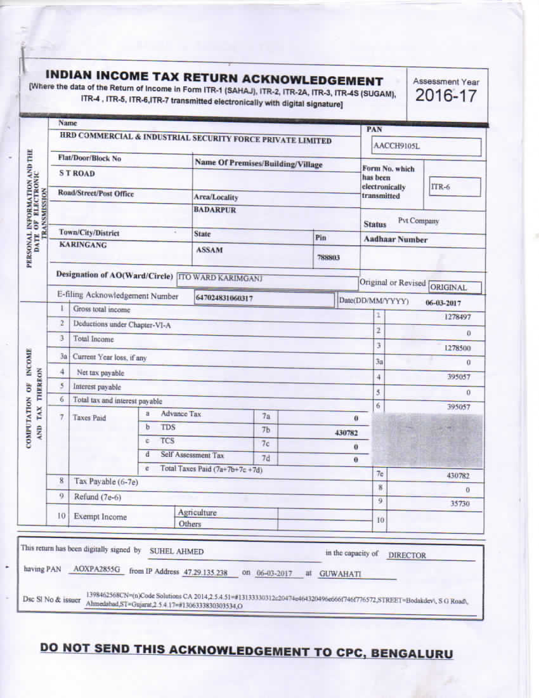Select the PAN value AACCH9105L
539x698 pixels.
pyautogui.click(x=397, y=147)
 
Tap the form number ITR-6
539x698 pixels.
pyautogui.click(x=440, y=187)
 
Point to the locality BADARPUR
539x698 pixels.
pyautogui.click(x=215, y=210)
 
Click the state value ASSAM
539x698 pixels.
pyautogui.click(x=209, y=250)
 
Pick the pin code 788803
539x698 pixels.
pyautogui.click(x=328, y=258)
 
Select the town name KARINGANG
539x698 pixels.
pyautogui.click(x=83, y=245)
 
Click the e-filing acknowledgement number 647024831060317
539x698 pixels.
pyautogui.click(x=229, y=297)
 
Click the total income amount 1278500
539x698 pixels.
pyautogui.click(x=457, y=348)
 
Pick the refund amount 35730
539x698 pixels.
pyautogui.click(x=459, y=503)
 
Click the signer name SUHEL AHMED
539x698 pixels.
pyautogui.click(x=176, y=552)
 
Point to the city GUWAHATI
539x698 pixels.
pyautogui.click(x=340, y=574)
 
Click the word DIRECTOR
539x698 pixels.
pyautogui.click(x=407, y=555)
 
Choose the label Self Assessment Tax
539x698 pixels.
pyautogui.click(x=192, y=455)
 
